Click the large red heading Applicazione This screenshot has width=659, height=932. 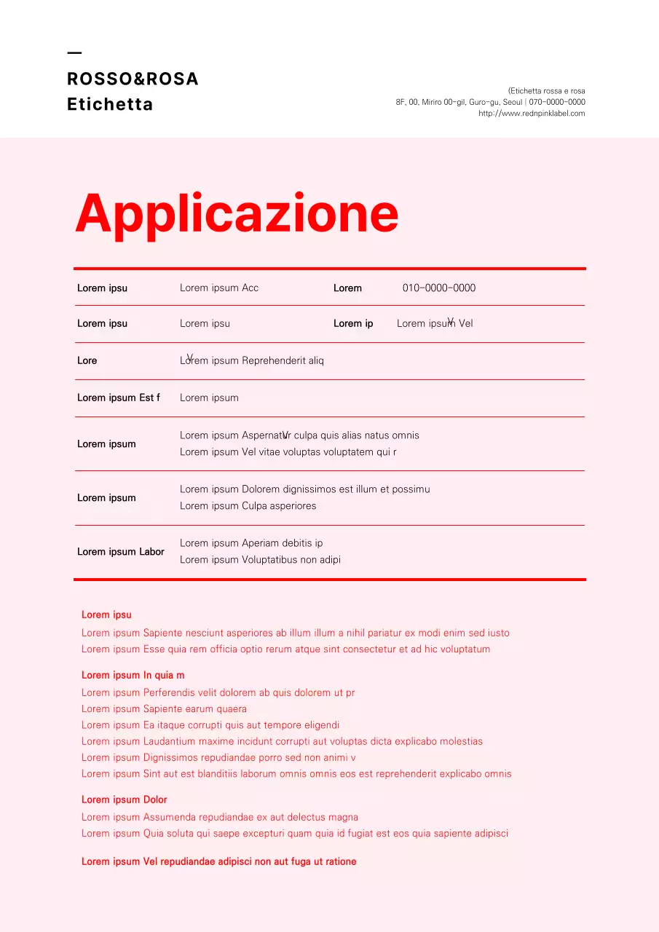pyautogui.click(x=237, y=213)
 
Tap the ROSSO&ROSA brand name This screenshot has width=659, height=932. pyautogui.click(x=133, y=79)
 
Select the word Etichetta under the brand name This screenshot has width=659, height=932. pyautogui.click(x=110, y=105)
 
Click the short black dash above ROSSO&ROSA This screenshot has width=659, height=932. pyautogui.click(x=74, y=53)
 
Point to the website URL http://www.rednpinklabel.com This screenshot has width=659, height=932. pyautogui.click(x=532, y=114)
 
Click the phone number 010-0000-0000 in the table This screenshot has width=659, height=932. pyautogui.click(x=438, y=288)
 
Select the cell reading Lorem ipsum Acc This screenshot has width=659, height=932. pyautogui.click(x=219, y=288)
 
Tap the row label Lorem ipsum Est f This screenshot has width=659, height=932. pyautogui.click(x=119, y=398)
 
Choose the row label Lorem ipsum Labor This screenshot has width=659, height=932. pyautogui.click(x=121, y=552)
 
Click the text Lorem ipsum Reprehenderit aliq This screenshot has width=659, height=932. pyautogui.click(x=252, y=361)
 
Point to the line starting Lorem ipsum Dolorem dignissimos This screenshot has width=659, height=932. pyautogui.click(x=304, y=489)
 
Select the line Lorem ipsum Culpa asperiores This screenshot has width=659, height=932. pyautogui.click(x=248, y=506)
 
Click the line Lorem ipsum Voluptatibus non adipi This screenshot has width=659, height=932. pyautogui.click(x=260, y=560)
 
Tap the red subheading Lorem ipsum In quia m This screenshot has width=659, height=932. pyautogui.click(x=133, y=676)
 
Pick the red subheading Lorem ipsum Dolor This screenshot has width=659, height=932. pyautogui.click(x=125, y=800)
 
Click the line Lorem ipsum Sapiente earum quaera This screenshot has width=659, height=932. pyautogui.click(x=164, y=709)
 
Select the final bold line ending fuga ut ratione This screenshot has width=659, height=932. pyautogui.click(x=219, y=862)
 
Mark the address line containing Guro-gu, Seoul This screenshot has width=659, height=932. pyautogui.click(x=490, y=103)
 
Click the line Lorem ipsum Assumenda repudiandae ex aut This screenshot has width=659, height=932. pyautogui.click(x=220, y=818)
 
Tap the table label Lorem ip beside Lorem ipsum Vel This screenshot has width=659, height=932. pyautogui.click(x=353, y=324)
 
